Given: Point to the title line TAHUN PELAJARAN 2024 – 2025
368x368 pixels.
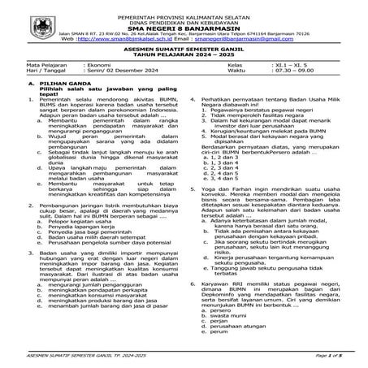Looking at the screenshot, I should click(x=184, y=56).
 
